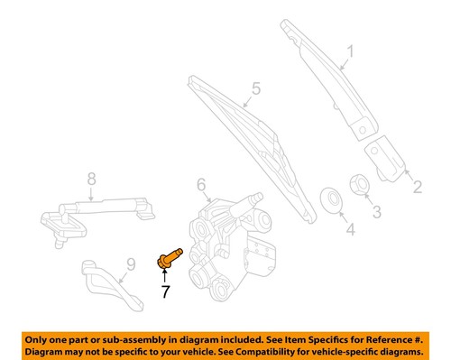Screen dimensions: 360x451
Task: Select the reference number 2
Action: (418, 188)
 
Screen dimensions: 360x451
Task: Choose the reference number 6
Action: (202, 188)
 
